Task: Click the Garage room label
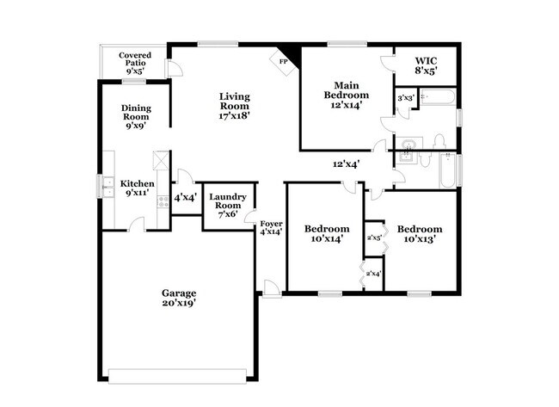tap(179, 298)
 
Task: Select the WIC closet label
tap(427, 65)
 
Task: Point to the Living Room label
tap(234, 105)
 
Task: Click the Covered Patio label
tap(134, 63)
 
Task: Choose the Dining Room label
tap(135, 116)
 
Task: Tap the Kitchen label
tap(137, 188)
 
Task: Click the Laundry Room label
tap(228, 206)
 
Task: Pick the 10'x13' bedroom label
tap(420, 233)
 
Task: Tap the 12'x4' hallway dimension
tap(346, 163)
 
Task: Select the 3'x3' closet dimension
tap(405, 98)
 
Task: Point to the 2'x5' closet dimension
tap(374, 237)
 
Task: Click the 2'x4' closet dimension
tap(373, 274)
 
